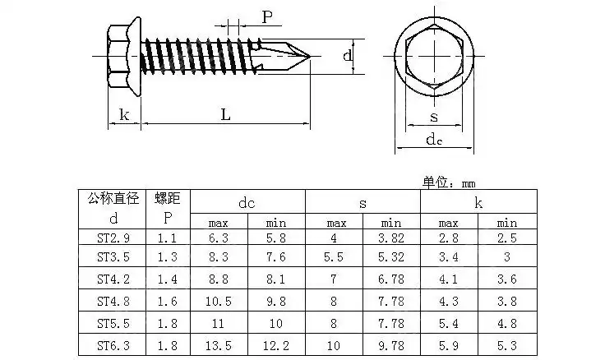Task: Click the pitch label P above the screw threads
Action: point(267,16)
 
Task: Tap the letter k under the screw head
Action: point(124,115)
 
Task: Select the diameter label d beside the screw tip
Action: point(349,56)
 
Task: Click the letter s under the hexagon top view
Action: point(433,117)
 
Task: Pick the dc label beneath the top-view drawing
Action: point(434,140)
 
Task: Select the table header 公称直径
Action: point(113,198)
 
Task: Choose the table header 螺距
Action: point(168,198)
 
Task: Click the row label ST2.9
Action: point(113,238)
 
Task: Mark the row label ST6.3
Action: point(113,346)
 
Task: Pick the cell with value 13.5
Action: point(219,346)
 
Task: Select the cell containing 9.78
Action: point(391,346)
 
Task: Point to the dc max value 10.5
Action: point(219,302)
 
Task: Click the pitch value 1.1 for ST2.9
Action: point(168,238)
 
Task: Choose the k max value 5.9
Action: point(449,346)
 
